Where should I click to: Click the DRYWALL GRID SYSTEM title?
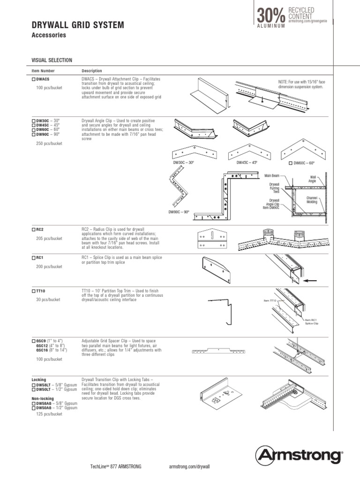point(77,25)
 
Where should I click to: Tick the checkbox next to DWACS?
point(33,80)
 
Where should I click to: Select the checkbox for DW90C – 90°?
point(33,135)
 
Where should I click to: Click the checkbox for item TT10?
point(33,291)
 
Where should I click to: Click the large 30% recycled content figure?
point(270,15)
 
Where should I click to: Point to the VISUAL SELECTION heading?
point(52,60)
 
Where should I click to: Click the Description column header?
point(92,71)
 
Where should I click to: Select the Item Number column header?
point(43,71)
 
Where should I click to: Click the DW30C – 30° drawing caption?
point(184,162)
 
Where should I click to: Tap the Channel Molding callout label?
point(312,200)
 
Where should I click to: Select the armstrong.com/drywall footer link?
point(189,467)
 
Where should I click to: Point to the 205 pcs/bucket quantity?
point(49,239)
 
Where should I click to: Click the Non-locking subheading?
point(43,398)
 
